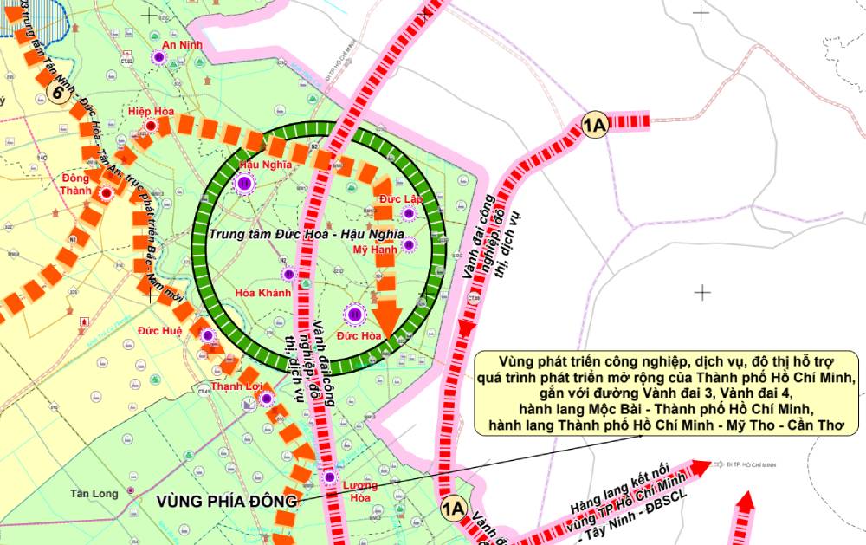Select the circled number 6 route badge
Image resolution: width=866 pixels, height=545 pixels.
click(59, 94)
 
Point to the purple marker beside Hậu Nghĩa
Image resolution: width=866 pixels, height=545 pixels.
click(244, 183)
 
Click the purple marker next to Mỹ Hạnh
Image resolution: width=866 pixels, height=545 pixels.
click(410, 245)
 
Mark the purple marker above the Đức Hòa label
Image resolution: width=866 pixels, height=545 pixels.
click(354, 315)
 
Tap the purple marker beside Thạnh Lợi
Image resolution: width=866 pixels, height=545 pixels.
click(267, 399)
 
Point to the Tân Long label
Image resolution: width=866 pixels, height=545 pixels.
click(94, 494)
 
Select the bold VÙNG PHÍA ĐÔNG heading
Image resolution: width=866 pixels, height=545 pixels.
click(228, 501)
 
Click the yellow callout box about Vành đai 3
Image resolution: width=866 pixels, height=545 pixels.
click(666, 393)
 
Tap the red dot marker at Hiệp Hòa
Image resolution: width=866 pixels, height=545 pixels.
click(152, 127)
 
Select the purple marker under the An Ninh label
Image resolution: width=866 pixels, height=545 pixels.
click(158, 57)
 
